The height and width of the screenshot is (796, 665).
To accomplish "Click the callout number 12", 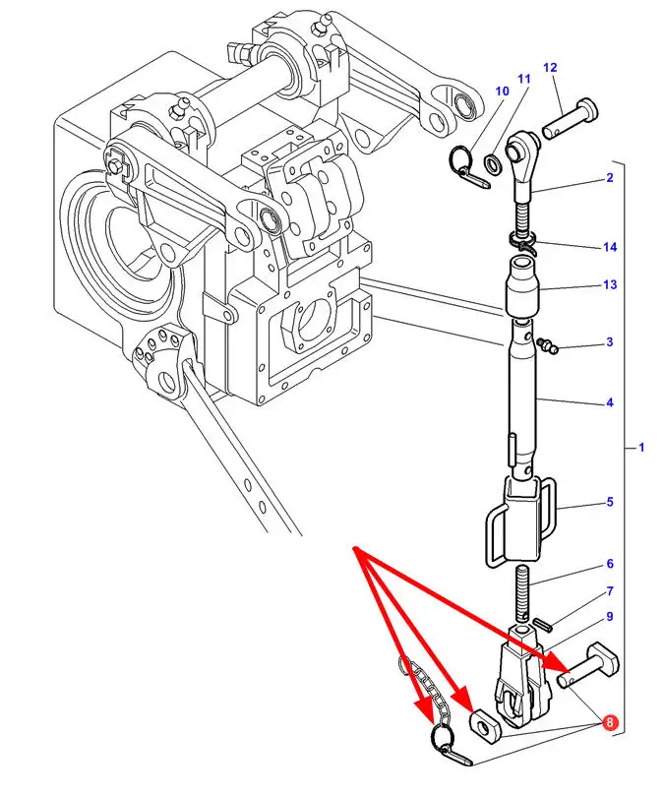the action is (550, 68).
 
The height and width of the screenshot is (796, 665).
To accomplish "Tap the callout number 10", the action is (502, 92).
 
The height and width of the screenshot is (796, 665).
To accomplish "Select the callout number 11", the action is (524, 79).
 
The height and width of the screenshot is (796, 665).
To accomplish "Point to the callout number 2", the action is (610, 178).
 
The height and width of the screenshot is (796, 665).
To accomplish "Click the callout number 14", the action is (610, 247).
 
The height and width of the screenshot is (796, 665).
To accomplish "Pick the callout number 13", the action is (610, 284).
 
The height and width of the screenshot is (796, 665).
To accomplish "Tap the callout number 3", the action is (610, 342).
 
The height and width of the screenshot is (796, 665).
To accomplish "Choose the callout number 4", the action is (610, 402).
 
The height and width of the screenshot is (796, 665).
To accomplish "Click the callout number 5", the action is (610, 502).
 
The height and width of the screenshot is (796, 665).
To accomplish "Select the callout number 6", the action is (610, 564).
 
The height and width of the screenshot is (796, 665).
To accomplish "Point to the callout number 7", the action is (610, 591).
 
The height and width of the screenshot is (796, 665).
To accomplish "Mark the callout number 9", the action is (610, 617).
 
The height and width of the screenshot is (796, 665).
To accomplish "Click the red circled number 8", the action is (610, 722).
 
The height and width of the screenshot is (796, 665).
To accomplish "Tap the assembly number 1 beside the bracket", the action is (641, 448).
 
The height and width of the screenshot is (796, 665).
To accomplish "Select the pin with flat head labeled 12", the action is (571, 118).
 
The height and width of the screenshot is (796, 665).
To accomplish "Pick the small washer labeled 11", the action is (493, 163).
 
